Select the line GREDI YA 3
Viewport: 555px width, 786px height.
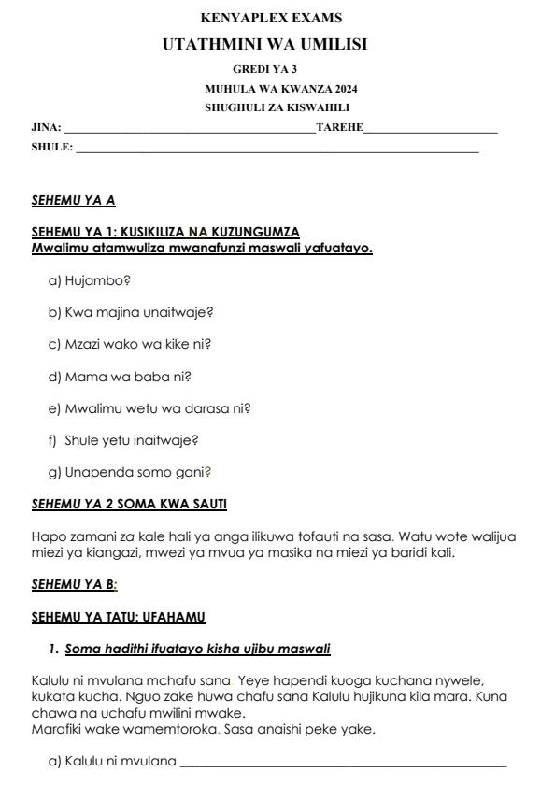tap(265, 69)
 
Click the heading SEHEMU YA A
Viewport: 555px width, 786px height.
tap(73, 200)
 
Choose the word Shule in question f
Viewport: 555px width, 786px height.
tap(83, 439)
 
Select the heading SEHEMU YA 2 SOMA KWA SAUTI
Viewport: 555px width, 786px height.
tap(129, 504)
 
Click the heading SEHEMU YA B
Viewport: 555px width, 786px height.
tap(74, 584)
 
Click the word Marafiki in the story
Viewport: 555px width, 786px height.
tap(57, 729)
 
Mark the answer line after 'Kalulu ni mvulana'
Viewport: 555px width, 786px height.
tap(343, 764)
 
